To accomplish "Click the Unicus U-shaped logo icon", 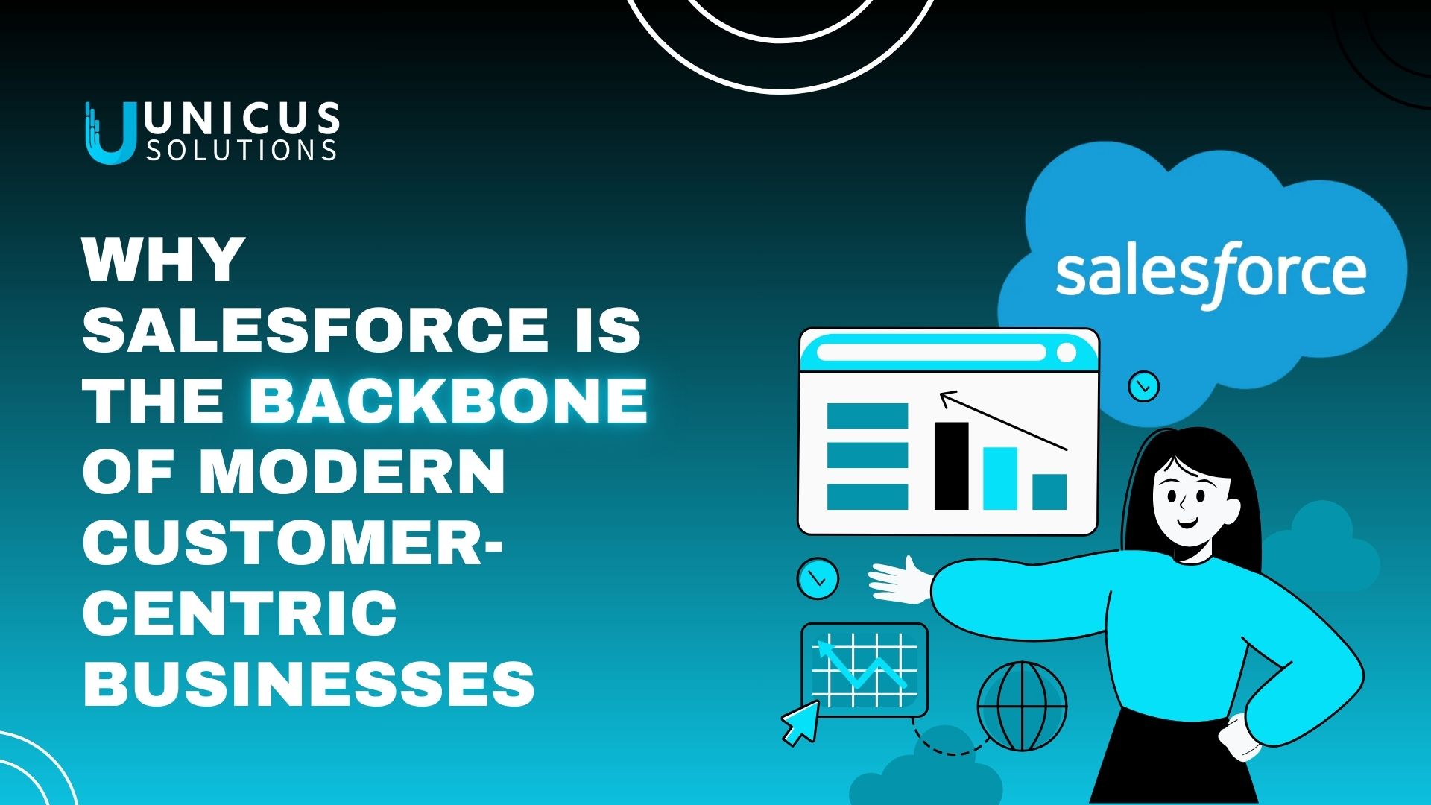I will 110,133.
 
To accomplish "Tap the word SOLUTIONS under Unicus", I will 241,150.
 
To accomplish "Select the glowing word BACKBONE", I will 449,400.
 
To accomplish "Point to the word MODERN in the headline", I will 352,471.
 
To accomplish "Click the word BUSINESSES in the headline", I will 309,683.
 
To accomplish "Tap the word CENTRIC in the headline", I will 240,613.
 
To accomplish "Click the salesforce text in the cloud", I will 1210,272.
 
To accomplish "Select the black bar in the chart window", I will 951,466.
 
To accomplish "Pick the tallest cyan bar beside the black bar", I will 1000,479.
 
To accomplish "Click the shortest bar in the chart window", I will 1049,492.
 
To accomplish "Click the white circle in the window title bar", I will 1067,352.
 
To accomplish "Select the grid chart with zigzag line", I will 865,669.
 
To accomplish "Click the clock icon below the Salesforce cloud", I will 1143,386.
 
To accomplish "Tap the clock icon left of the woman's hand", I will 818,578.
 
